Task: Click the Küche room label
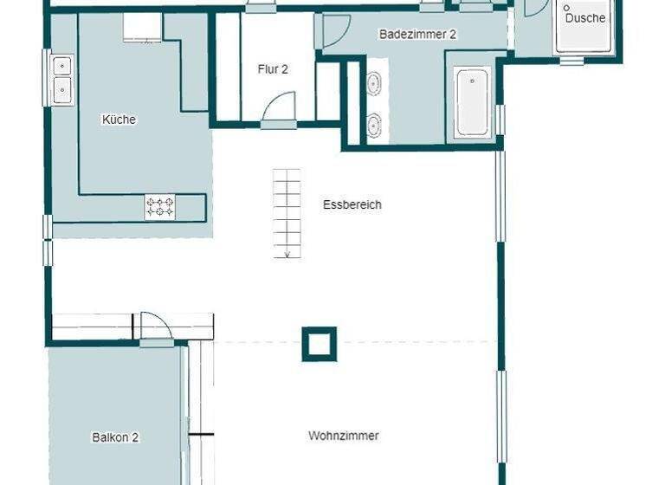pos(119,120)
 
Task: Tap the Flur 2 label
pos(273,69)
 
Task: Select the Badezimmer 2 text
pos(417,35)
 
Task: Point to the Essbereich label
pos(352,205)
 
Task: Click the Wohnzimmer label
pos(344,436)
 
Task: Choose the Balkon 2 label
pos(115,437)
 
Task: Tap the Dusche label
pos(585,17)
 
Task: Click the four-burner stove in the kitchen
pos(160,207)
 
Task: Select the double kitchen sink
pos(61,76)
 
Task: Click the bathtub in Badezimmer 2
pos(473,101)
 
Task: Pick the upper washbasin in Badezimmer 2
pos(374,84)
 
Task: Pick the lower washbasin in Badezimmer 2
pos(374,125)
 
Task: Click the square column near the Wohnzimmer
pos(319,343)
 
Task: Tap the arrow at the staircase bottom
pos(287,253)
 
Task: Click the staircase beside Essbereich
pos(287,212)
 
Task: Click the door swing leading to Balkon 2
pos(157,327)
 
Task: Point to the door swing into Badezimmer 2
pos(336,31)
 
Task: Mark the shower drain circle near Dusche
pos(566,8)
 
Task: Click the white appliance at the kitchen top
pos(142,28)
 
